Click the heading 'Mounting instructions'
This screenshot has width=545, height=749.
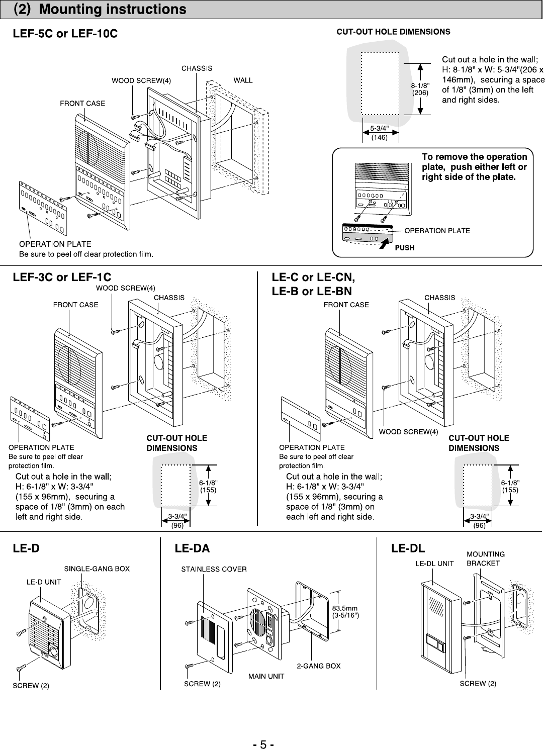(x=112, y=9)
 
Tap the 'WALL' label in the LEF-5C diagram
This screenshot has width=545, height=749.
(x=243, y=80)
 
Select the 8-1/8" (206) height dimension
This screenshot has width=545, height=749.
(x=420, y=89)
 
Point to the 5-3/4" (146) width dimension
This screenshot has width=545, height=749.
(x=380, y=133)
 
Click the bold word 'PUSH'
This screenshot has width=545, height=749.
(x=405, y=248)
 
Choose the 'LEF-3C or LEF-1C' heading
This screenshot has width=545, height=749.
(x=62, y=277)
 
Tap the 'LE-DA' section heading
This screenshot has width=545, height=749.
(x=192, y=548)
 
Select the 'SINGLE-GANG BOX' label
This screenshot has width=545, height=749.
(x=97, y=569)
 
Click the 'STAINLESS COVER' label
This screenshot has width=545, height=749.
(x=214, y=569)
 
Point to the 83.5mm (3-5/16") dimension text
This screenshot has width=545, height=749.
(x=345, y=612)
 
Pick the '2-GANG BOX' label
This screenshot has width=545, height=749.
(x=319, y=666)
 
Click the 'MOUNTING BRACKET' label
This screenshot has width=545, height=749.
(x=486, y=558)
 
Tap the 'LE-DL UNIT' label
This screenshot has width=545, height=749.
(x=434, y=564)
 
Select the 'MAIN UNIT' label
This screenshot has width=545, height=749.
(x=266, y=676)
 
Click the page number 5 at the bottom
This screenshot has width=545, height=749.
(x=263, y=744)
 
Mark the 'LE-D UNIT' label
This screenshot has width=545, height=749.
(x=44, y=582)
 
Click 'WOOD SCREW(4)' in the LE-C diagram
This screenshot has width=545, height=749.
(x=408, y=432)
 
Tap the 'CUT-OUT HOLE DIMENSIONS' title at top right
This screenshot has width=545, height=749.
(x=393, y=32)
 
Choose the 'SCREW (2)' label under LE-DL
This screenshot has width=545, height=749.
(x=478, y=684)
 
